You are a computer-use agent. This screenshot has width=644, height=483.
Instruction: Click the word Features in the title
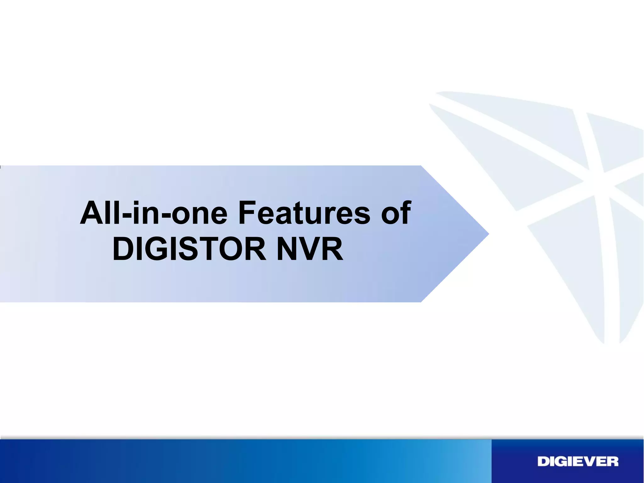tap(304, 213)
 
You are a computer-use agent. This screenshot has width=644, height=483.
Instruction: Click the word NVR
tap(309, 249)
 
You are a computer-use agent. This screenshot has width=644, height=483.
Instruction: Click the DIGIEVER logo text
tap(578, 462)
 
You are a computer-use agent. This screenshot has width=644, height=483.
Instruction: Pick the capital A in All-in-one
tap(91, 213)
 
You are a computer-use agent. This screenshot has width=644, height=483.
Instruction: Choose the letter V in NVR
tap(309, 249)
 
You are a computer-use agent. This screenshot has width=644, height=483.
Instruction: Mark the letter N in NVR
tap(287, 249)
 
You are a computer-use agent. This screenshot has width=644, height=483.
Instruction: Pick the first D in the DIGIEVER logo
tap(543, 462)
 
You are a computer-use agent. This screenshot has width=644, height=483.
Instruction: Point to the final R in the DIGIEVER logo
tap(612, 462)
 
